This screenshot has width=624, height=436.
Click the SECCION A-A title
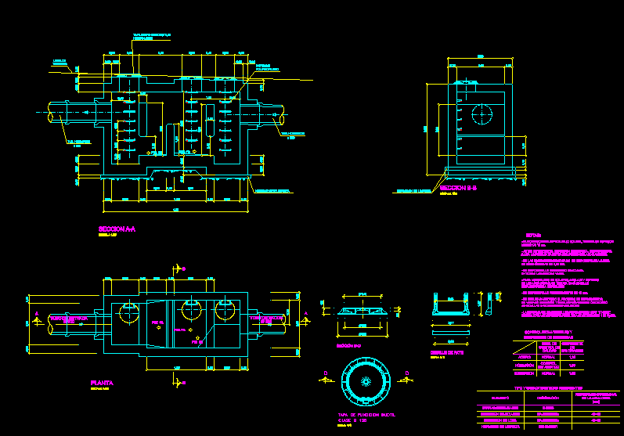click(117, 229)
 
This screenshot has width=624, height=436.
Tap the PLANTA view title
click(103, 383)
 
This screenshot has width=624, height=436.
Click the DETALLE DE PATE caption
click(447, 352)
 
